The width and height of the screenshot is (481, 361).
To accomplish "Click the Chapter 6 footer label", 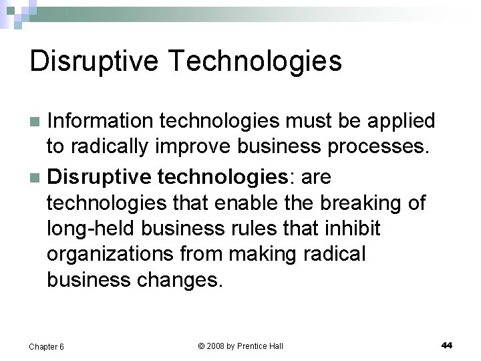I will click(x=47, y=346).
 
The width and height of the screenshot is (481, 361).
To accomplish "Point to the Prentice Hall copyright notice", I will click(x=240, y=346).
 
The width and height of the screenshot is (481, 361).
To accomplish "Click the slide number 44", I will click(x=447, y=345).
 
